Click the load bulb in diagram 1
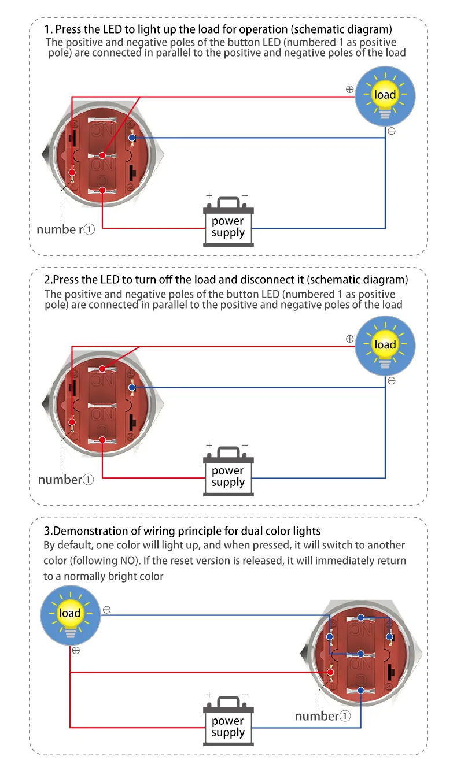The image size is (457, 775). [385, 96]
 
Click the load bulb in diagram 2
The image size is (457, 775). [385, 346]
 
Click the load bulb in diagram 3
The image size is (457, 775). [71, 614]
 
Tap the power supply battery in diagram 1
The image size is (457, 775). [228, 222]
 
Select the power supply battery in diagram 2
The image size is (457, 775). [228, 472]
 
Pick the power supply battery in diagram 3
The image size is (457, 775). [228, 722]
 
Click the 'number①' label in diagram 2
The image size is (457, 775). [65, 480]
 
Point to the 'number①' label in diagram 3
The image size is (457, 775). [323, 716]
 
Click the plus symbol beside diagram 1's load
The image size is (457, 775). [349, 90]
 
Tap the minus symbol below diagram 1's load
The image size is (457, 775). [392, 131]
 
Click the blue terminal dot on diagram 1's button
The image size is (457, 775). [132, 138]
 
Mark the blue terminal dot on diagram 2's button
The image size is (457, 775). [132, 387]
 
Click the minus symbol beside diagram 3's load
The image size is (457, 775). [107, 610]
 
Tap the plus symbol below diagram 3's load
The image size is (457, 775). [76, 650]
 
